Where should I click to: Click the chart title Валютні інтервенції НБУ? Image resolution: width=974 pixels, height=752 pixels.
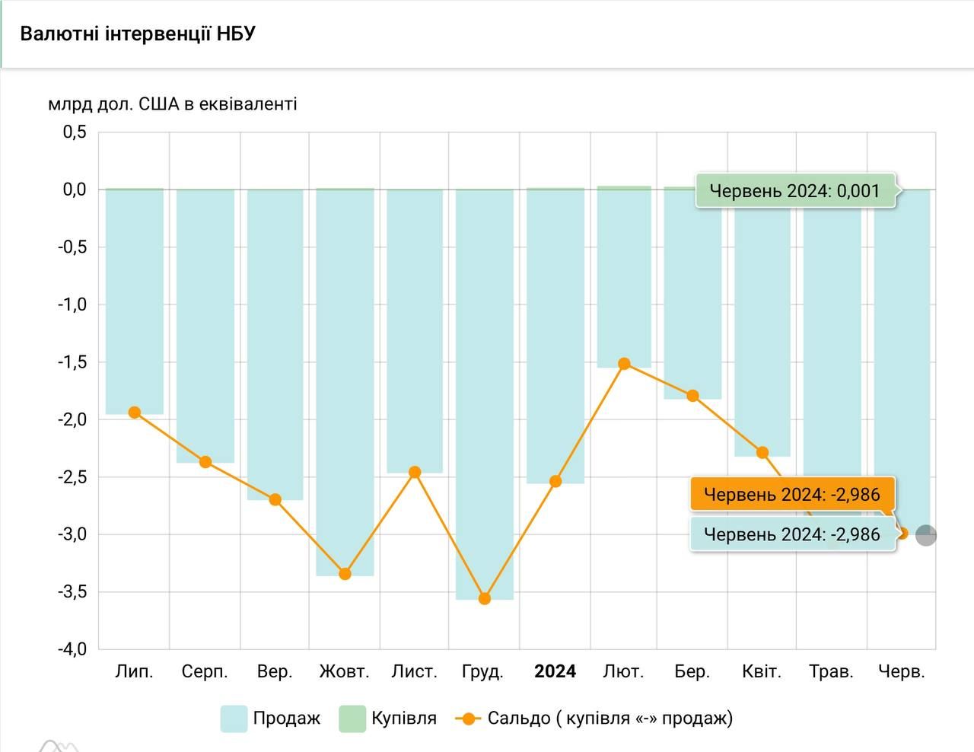[x=138, y=34]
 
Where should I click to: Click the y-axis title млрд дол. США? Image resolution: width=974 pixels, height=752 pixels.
[x=173, y=104]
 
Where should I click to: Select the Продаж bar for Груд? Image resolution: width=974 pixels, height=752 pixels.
[x=485, y=381]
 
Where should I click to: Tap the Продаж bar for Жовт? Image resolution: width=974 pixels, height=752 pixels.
[x=345, y=381]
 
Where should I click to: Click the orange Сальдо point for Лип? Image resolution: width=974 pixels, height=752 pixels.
[x=135, y=413]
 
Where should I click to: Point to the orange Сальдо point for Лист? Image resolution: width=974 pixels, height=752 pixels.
[x=415, y=473]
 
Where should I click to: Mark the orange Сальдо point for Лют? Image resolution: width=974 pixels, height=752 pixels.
[x=624, y=364]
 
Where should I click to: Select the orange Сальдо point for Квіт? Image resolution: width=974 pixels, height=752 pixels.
[x=762, y=453]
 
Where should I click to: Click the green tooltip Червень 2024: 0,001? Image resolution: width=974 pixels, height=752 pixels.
[x=794, y=191]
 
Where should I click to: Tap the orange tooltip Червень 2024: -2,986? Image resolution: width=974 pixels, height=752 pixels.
[x=791, y=495]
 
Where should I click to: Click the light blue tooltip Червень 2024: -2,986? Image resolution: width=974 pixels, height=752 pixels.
[x=791, y=534]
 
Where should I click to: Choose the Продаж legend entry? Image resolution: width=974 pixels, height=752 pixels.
[x=271, y=718]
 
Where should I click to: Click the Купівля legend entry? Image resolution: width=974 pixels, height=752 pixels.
[x=388, y=718]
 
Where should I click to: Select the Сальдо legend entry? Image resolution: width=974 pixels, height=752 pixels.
[x=594, y=718]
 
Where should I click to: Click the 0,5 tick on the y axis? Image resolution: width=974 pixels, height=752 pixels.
[x=75, y=132]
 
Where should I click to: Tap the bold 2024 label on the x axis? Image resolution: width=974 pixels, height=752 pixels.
[x=555, y=671]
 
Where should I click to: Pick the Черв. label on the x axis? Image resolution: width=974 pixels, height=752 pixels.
[x=902, y=671]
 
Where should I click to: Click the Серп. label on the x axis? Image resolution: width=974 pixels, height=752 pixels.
[x=205, y=671]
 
